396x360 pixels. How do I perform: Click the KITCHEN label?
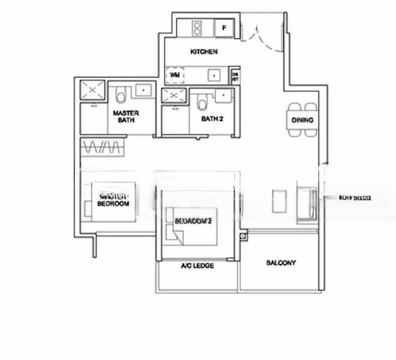click(203, 52)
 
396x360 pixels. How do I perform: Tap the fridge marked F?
click(224, 28)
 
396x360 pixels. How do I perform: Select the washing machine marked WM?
click(175, 75)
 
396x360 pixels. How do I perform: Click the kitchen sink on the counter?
click(214, 76)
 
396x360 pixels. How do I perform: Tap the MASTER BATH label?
click(126, 116)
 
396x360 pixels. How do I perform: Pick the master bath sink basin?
click(145, 90)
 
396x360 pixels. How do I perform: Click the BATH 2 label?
click(212, 119)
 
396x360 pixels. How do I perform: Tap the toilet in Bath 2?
click(202, 103)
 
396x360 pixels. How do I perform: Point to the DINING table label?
click(302, 121)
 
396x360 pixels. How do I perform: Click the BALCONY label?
click(281, 263)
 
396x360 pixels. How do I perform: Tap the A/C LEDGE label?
click(197, 265)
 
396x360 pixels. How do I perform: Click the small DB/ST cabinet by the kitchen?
click(235, 76)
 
